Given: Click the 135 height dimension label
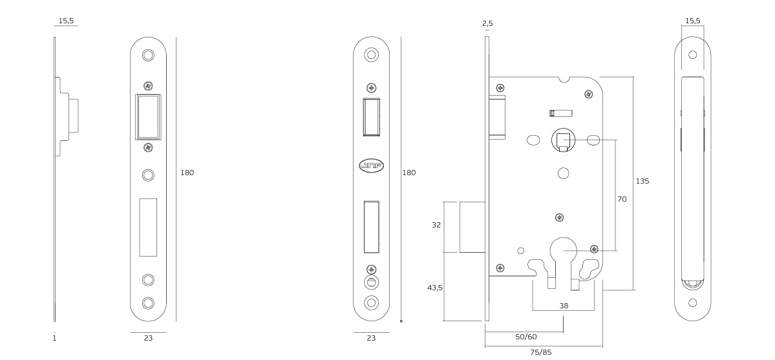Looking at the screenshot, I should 642,182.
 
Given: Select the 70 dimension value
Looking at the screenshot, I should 622,200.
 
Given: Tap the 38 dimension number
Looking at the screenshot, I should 564,306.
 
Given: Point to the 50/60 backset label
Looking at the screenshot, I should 526,337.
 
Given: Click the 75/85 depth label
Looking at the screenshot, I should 541,352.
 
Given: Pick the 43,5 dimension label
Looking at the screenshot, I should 435,288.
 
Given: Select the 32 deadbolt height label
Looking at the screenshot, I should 436,226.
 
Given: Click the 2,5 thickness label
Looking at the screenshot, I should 487,24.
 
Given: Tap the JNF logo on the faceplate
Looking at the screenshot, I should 371,166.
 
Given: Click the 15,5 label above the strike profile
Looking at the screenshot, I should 66,21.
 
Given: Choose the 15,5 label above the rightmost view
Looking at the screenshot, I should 692,21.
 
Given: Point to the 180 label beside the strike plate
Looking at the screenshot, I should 187,173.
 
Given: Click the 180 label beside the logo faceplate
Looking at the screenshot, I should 409,173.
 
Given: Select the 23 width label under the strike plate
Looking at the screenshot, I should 148,338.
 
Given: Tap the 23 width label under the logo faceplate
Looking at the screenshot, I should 371,338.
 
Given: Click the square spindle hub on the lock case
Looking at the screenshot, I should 563,141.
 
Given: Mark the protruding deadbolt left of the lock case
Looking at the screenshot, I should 472,227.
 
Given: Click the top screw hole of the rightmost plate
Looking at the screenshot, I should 692,55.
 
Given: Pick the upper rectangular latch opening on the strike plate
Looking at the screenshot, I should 148,117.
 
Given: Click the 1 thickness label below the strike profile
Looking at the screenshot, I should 54,338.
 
